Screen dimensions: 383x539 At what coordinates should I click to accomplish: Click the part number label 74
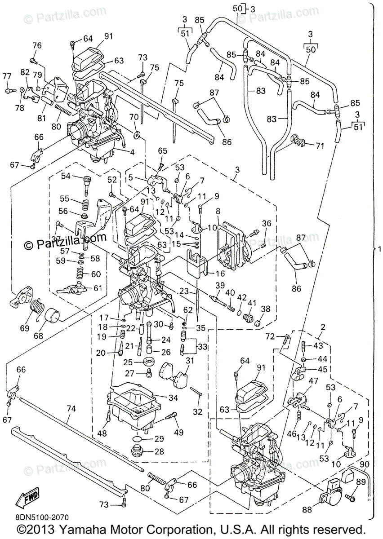click(x=71, y=409)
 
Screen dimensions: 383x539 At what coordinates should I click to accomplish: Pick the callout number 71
click(x=320, y=146)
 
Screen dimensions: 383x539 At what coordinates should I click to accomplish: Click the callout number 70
click(x=134, y=117)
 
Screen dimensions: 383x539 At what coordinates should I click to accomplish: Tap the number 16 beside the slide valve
click(x=219, y=274)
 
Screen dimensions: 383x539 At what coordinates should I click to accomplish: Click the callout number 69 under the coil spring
click(x=25, y=328)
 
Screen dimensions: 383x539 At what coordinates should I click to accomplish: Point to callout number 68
click(x=39, y=336)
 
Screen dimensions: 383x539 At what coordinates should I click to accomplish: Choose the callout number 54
click(x=65, y=176)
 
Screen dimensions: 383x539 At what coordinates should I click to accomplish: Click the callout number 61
click(x=98, y=288)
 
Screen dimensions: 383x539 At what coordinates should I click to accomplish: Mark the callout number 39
click(x=220, y=285)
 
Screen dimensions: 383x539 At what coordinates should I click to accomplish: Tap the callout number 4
click(x=132, y=152)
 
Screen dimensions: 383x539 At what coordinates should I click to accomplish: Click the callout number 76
click(x=36, y=45)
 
